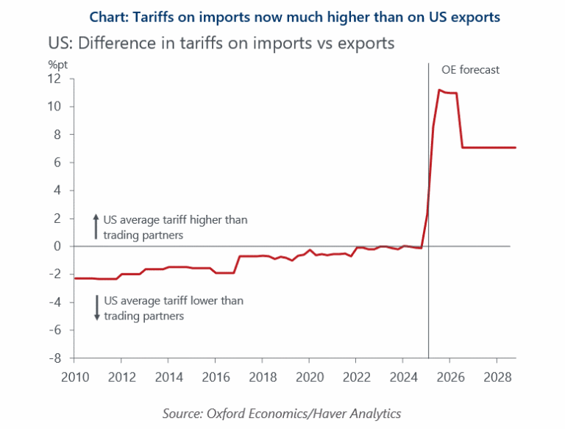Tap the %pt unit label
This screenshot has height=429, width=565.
[x=58, y=64]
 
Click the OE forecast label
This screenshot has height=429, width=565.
[x=470, y=70]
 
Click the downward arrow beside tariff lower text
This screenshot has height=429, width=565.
[x=96, y=308]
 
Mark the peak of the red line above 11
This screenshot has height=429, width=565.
[x=439, y=91]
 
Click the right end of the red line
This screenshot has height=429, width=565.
[x=515, y=148]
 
